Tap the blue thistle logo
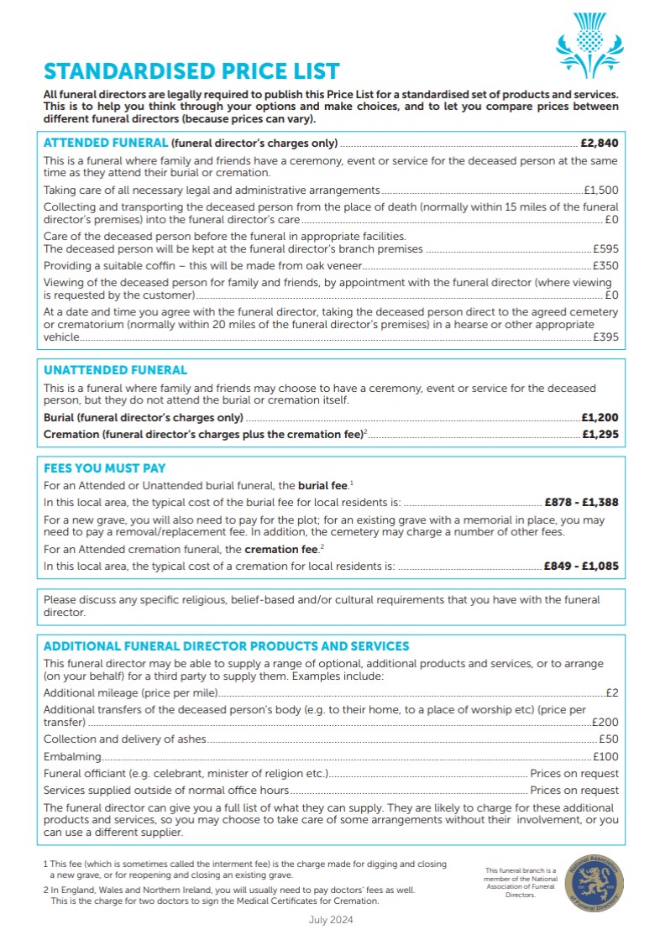[x=591, y=44]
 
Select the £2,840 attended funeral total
[x=599, y=143]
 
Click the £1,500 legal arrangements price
[x=601, y=191]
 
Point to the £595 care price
[x=605, y=249]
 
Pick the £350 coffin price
[x=605, y=265]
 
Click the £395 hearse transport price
[x=605, y=337]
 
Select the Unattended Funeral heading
[x=115, y=370]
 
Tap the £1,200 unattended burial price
[x=600, y=417]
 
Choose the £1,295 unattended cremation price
[x=600, y=435]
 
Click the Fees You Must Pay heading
[x=104, y=468]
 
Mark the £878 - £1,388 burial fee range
[x=581, y=503]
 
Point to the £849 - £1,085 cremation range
[x=581, y=567]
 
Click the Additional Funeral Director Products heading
[x=226, y=646]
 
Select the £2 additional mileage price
[x=612, y=693]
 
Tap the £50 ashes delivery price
[x=609, y=739]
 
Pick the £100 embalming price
[x=605, y=756]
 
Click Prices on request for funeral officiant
[x=574, y=773]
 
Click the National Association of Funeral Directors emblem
[x=594, y=882]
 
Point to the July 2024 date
[x=332, y=920]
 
